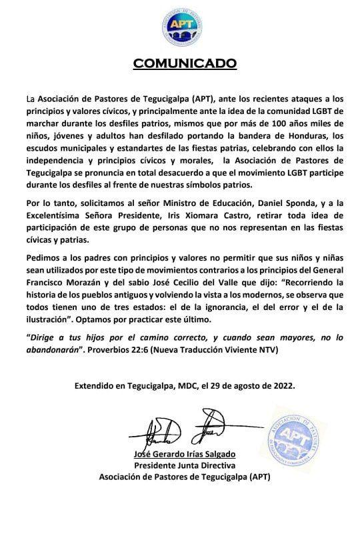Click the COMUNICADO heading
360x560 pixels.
[185, 63]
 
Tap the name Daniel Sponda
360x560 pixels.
[283, 213]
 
